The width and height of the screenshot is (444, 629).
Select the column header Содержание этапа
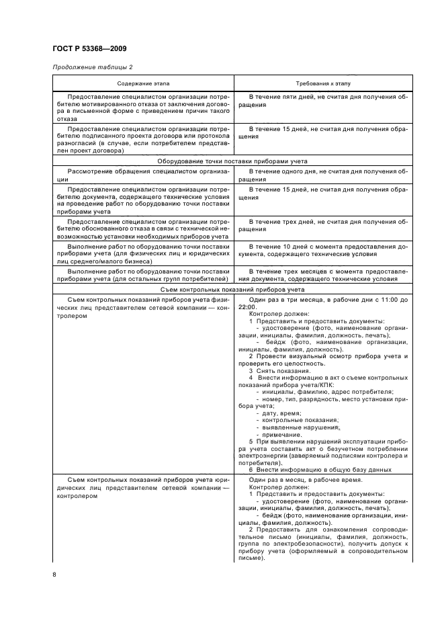(x=143, y=83)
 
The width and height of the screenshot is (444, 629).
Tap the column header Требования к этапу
(x=323, y=83)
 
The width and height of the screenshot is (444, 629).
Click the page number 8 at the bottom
(x=54, y=574)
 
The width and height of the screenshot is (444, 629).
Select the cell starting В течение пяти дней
(x=323, y=101)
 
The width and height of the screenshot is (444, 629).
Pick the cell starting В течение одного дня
(x=323, y=176)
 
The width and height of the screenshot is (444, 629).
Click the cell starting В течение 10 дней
(x=323, y=251)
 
